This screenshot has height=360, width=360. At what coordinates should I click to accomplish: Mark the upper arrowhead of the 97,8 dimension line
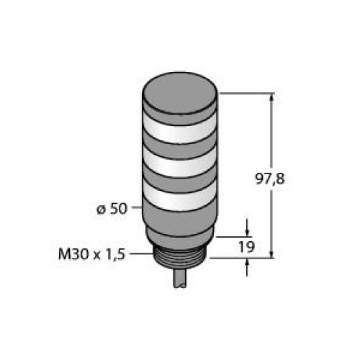[x=271, y=99]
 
